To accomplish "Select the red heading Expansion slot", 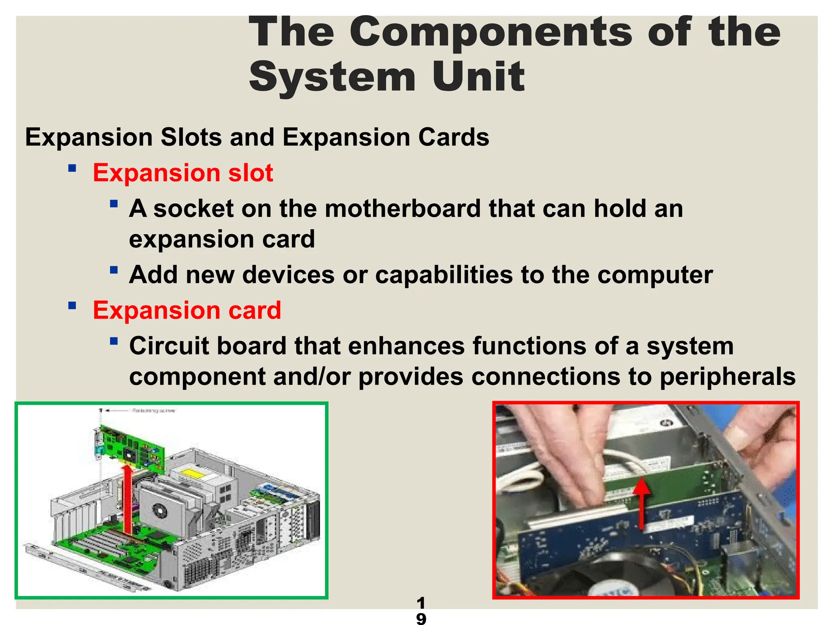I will pyautogui.click(x=183, y=173).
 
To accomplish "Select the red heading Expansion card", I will pyautogui.click(x=187, y=310).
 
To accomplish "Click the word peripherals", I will pyautogui.click(x=727, y=377).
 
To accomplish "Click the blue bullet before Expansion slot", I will pyautogui.click(x=72, y=168).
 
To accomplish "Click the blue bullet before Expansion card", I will pyautogui.click(x=72, y=306).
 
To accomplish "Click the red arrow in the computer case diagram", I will pyautogui.click(x=128, y=500).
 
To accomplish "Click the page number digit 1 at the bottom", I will pyautogui.click(x=421, y=603).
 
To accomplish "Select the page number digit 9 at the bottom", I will pyautogui.click(x=421, y=618).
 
